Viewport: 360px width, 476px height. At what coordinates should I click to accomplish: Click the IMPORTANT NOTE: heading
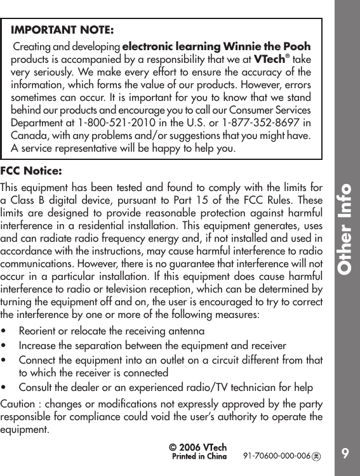[x=63, y=30]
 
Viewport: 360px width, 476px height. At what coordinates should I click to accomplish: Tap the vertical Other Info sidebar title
[x=345, y=228]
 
